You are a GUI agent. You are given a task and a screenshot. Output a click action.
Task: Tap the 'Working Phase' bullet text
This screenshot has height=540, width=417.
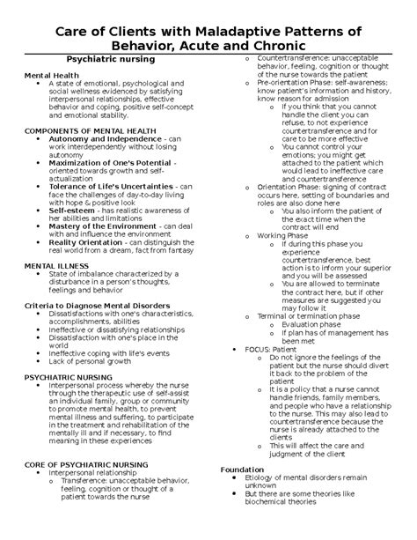point(285,236)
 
